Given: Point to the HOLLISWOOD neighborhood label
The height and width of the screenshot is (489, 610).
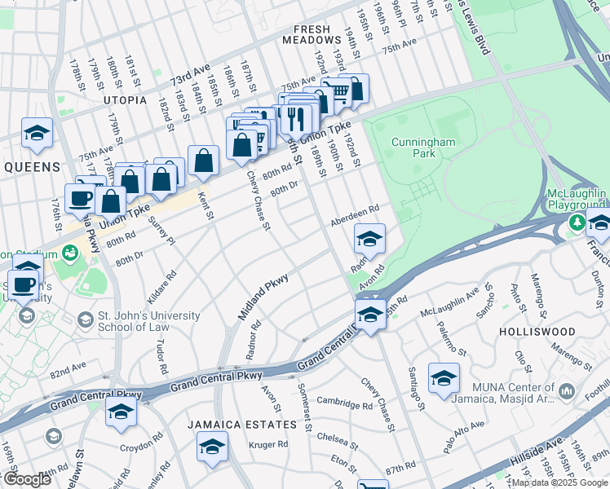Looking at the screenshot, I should pos(538,333).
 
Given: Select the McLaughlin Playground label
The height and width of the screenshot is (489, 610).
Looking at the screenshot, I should pos(577,199).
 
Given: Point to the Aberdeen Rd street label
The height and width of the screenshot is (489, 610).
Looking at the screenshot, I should pos(355,218).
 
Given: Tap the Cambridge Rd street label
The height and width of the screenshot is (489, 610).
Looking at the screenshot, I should pos(344,403).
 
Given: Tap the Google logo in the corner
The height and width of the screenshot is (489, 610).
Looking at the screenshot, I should pos(27,479).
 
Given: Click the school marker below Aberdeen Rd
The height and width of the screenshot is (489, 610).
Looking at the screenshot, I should pos(369,238).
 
